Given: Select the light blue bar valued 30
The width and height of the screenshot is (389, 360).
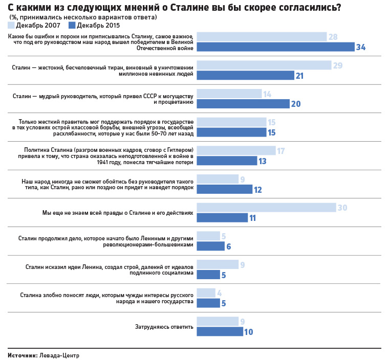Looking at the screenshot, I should point(266,208).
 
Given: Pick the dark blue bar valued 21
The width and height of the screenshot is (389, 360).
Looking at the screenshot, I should point(246,75).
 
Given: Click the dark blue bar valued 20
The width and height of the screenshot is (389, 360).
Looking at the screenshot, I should point(243,104).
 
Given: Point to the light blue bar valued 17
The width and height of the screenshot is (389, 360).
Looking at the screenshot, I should point(236,151).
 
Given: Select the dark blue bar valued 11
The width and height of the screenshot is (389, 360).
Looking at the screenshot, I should point(222,217).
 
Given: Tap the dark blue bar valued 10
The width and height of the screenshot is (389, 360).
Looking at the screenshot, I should point(220,331).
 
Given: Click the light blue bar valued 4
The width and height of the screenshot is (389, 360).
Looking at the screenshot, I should point(206,293).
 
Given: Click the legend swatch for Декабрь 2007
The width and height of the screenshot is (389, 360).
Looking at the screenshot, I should point(11,25).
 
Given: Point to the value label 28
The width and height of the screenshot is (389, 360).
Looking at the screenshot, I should point(333,37).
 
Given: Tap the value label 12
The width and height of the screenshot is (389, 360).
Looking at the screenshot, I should point(258,189).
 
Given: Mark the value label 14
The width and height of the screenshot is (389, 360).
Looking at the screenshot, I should point(267,94).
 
